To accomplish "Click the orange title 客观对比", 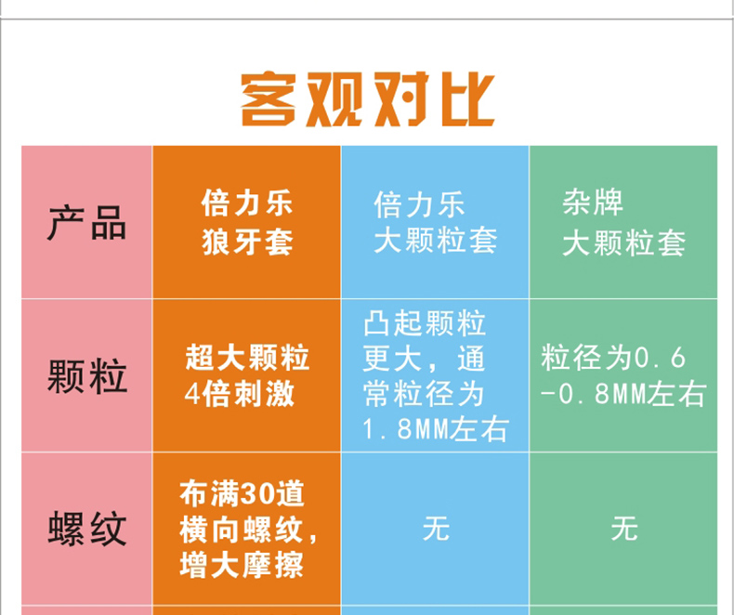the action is pos(368,99).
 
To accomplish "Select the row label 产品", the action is pos(87,223).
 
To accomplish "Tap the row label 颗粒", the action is pos(87,376).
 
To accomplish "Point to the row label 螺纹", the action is pos(87,529).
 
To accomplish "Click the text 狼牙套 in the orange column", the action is pos(247,242).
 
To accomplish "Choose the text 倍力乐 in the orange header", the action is pos(247,203).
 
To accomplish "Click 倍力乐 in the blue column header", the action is pos(419,204).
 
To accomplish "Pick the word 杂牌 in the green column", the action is pos(593,203).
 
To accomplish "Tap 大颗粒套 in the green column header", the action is pos(623,242).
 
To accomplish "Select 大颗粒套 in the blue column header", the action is pos(436,241).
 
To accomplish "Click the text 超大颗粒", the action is pos(247,357).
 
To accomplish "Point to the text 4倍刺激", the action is pos(239,394).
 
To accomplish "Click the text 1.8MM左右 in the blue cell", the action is pos(436,429).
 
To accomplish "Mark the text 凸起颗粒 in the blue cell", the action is pos(425,323).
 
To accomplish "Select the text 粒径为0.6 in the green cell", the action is pos(613,358).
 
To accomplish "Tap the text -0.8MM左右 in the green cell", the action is pos(623,394).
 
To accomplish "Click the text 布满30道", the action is pos(242,494).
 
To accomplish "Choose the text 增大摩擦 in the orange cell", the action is pos(242,566).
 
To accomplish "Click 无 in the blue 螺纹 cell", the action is pos(436,529).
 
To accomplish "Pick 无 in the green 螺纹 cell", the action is pos(624,529).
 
